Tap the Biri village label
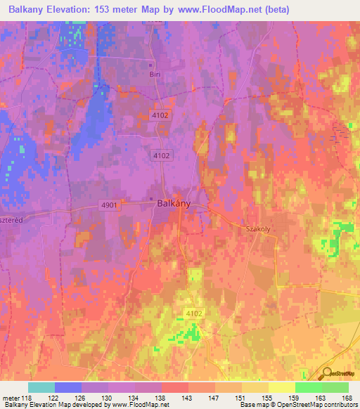tap(155, 74)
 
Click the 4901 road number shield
tap(109, 204)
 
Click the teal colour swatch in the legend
tap(41, 387)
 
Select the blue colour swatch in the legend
tap(68, 387)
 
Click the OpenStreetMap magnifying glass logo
tap(328, 375)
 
